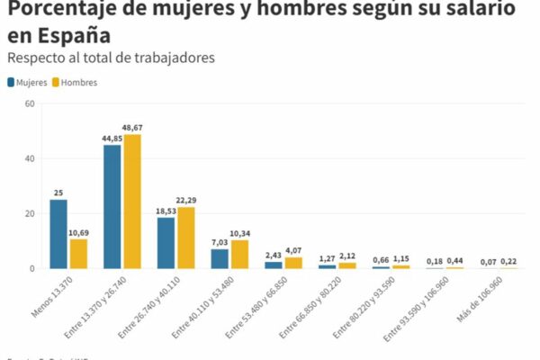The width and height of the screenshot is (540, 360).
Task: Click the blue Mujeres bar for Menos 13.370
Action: click(58, 234)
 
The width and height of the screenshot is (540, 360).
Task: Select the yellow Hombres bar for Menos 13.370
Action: click(78, 254)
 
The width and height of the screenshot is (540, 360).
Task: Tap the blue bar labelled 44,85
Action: click(112, 206)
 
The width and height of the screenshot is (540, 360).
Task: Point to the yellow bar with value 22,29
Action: click(186, 238)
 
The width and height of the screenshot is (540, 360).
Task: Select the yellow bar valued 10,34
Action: click(239, 254)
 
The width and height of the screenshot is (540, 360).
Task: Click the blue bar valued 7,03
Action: click(220, 258)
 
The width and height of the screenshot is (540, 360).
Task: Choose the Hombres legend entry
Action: click(74, 82)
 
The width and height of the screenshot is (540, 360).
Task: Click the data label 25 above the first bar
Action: click(58, 193)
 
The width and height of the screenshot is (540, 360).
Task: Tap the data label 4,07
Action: click(293, 250)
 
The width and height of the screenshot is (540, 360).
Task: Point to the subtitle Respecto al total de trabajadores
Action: click(112, 58)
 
